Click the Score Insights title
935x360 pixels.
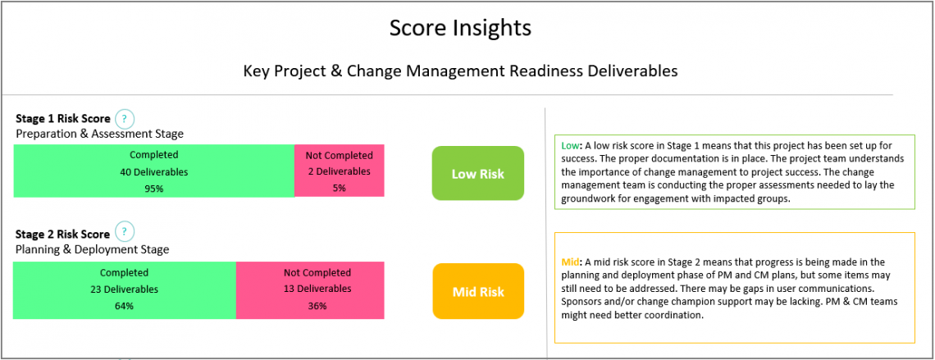point(460,28)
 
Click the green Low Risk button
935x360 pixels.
point(477,174)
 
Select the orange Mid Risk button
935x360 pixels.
point(477,292)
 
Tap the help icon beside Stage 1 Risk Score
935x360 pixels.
point(125,119)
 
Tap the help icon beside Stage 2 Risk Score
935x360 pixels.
point(125,232)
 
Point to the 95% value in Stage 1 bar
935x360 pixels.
point(153,189)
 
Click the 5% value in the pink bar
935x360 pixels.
point(339,189)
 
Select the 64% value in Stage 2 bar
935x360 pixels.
point(124,306)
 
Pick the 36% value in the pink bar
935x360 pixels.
point(317,306)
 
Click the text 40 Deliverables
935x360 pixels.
point(153,172)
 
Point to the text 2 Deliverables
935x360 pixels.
point(339,172)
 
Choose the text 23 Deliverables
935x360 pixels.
point(124,289)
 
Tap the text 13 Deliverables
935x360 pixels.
point(317,289)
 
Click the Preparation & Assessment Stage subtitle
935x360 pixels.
point(99,134)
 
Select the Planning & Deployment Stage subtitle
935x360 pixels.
point(92,249)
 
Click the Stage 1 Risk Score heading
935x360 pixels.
point(62,119)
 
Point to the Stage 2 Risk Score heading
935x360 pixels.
point(62,234)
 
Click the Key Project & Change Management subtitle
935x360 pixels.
point(460,71)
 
